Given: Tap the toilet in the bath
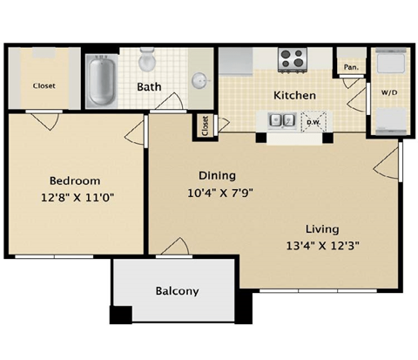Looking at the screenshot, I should click(x=147, y=61).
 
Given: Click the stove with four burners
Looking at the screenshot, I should click(x=290, y=59).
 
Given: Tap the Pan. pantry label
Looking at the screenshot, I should click(x=351, y=66).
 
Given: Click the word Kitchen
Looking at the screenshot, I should click(x=295, y=95).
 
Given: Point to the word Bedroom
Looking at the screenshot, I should click(x=69, y=180).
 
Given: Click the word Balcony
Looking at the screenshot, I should click(x=178, y=291).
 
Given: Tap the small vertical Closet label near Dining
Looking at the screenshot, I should click(x=205, y=126).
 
